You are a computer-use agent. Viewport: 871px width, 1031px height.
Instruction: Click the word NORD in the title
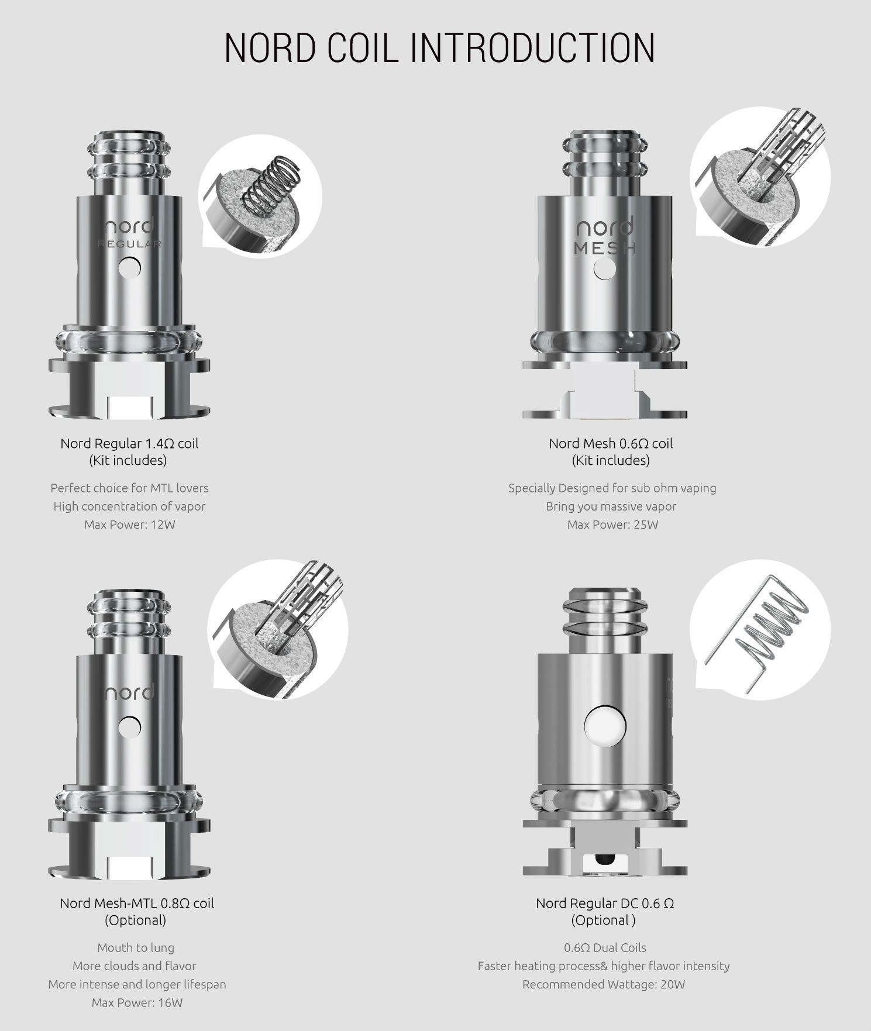click(x=270, y=47)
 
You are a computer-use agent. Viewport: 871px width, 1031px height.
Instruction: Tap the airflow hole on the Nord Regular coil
click(x=129, y=268)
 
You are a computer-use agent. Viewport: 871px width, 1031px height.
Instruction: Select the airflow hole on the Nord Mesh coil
click(x=605, y=269)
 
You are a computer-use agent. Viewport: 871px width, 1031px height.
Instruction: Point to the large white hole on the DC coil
click(x=605, y=727)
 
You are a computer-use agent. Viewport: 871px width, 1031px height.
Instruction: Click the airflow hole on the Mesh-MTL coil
click(x=129, y=727)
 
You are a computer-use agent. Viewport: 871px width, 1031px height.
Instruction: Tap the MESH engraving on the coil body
click(x=605, y=248)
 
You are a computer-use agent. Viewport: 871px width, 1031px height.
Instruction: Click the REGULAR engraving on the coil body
click(x=129, y=244)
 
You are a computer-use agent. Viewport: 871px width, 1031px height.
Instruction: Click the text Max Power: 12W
click(x=129, y=525)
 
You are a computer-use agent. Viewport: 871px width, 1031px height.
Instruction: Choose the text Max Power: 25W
click(x=612, y=525)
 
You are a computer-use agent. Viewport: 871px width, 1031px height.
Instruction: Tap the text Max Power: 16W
click(x=137, y=1003)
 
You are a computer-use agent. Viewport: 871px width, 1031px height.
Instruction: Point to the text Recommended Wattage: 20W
click(x=604, y=984)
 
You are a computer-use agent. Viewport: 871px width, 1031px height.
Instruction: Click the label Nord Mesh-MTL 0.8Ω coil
click(x=137, y=904)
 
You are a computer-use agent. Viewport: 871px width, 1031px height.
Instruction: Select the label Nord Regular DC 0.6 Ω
click(x=605, y=904)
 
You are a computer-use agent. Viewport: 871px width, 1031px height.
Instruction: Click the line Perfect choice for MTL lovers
click(x=129, y=488)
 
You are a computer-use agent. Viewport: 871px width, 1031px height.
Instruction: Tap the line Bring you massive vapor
click(x=611, y=506)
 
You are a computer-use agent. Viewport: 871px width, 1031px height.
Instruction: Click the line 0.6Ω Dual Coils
click(x=605, y=947)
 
